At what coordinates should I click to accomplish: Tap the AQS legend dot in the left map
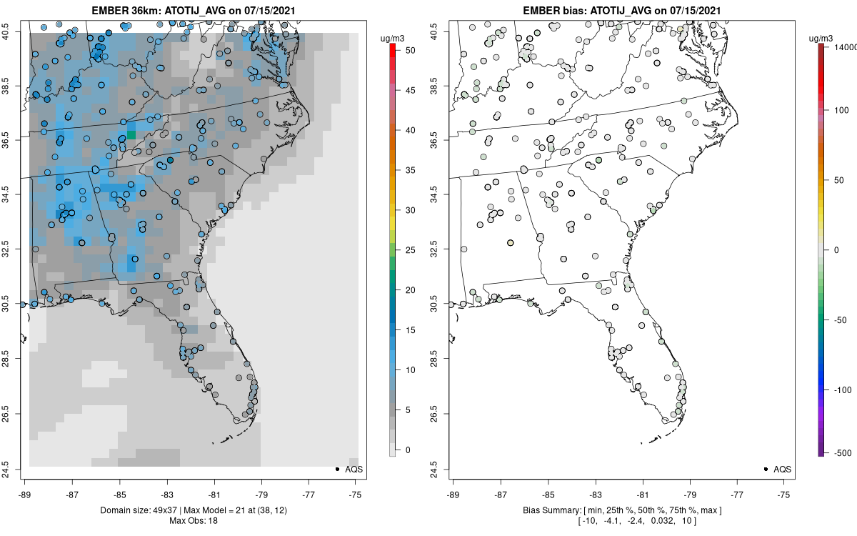(336, 469)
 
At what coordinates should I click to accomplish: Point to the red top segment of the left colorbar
(392, 49)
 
